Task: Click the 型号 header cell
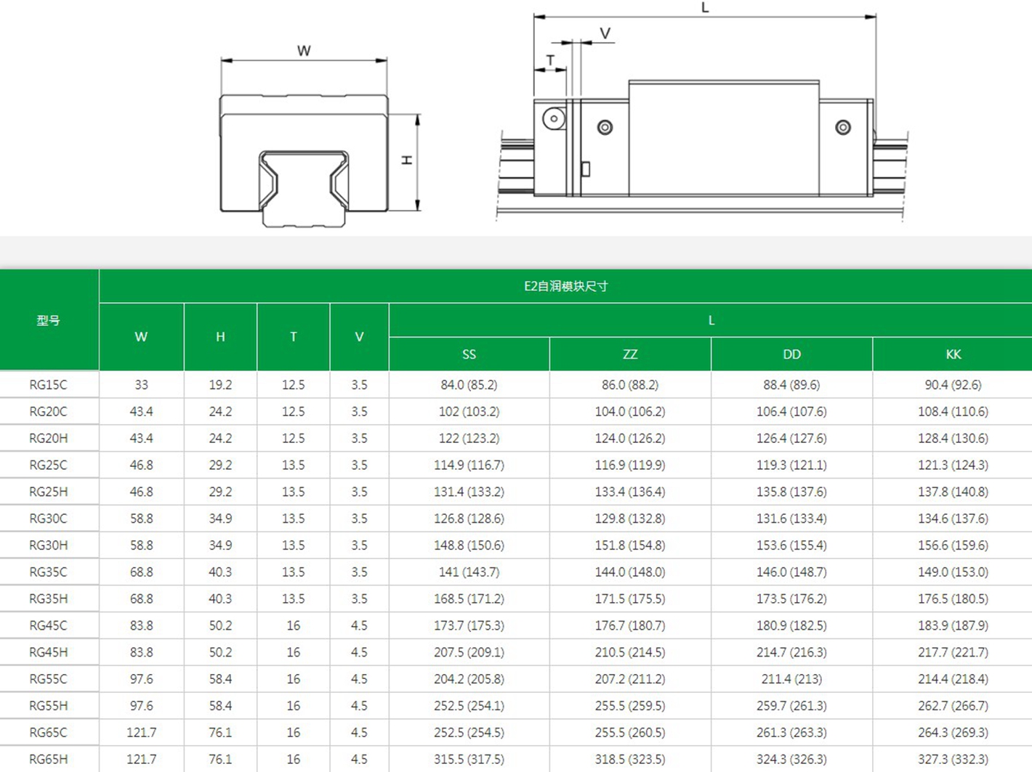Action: point(49,321)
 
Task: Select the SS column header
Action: point(469,354)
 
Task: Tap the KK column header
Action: point(953,354)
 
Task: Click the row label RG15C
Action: point(49,385)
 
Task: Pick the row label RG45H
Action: point(49,652)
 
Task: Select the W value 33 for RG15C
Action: point(141,385)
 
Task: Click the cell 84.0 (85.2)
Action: point(469,385)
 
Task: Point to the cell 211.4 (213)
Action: point(791,679)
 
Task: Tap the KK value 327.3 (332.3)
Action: point(953,760)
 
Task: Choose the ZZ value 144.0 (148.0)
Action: point(630,572)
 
